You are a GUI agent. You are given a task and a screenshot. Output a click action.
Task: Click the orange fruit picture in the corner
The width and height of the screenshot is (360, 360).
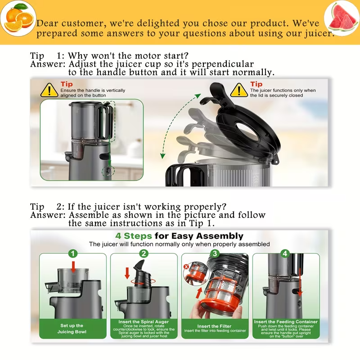[17, 18]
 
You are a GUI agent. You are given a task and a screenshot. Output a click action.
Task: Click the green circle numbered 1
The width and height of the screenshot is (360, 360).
[73, 253]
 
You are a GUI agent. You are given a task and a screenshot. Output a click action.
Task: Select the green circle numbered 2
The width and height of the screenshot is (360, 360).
[144, 253]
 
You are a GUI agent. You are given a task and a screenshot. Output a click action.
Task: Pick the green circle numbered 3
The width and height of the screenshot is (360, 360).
[215, 253]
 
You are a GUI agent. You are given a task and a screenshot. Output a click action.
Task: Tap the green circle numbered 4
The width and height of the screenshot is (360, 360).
[285, 253]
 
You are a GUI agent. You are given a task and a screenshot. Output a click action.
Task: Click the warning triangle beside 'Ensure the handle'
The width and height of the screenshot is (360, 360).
[49, 90]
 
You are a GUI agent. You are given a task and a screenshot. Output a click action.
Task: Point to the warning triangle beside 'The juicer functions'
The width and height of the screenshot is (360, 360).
[239, 90]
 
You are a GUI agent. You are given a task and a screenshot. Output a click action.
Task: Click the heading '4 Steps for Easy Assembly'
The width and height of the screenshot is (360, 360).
[179, 236]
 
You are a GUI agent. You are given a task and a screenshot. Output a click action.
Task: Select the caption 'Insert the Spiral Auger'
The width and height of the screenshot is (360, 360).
[144, 322]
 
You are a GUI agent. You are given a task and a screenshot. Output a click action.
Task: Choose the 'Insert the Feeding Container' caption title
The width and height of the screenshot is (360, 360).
[285, 322]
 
